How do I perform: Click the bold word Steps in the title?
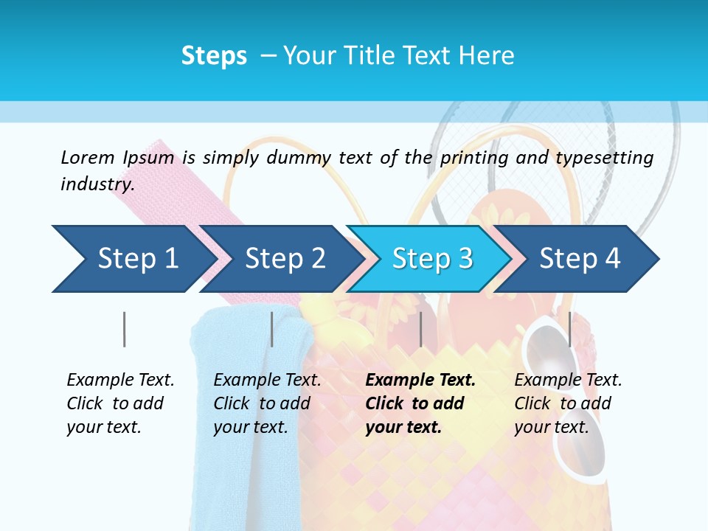click(x=214, y=55)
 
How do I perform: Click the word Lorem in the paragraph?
click(x=87, y=157)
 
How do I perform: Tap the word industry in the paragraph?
click(x=97, y=184)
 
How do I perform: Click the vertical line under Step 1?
click(x=124, y=329)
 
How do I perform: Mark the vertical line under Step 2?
click(x=271, y=329)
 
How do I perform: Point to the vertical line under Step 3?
click(x=420, y=329)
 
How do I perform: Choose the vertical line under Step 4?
click(x=569, y=329)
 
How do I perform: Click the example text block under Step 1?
click(x=120, y=403)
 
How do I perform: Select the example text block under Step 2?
click(x=267, y=403)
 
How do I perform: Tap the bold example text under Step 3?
click(x=420, y=403)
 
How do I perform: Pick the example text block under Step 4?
click(x=568, y=403)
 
